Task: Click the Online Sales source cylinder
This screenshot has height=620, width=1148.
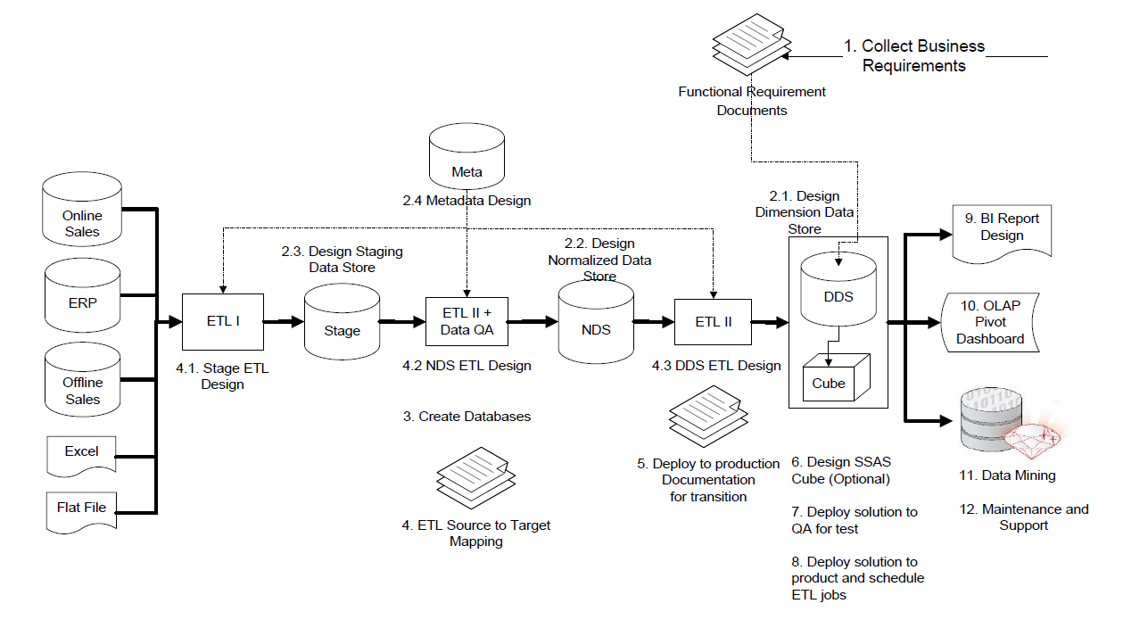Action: coord(82,214)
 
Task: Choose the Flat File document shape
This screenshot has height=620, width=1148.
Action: coord(81,509)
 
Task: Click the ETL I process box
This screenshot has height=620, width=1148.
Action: coord(223,321)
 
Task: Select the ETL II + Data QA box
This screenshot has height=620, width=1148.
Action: coord(467,321)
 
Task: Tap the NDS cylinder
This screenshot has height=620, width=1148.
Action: coord(595,322)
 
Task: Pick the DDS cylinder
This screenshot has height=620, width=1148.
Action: coord(838,290)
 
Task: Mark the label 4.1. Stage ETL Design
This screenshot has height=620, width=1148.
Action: coord(222,376)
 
